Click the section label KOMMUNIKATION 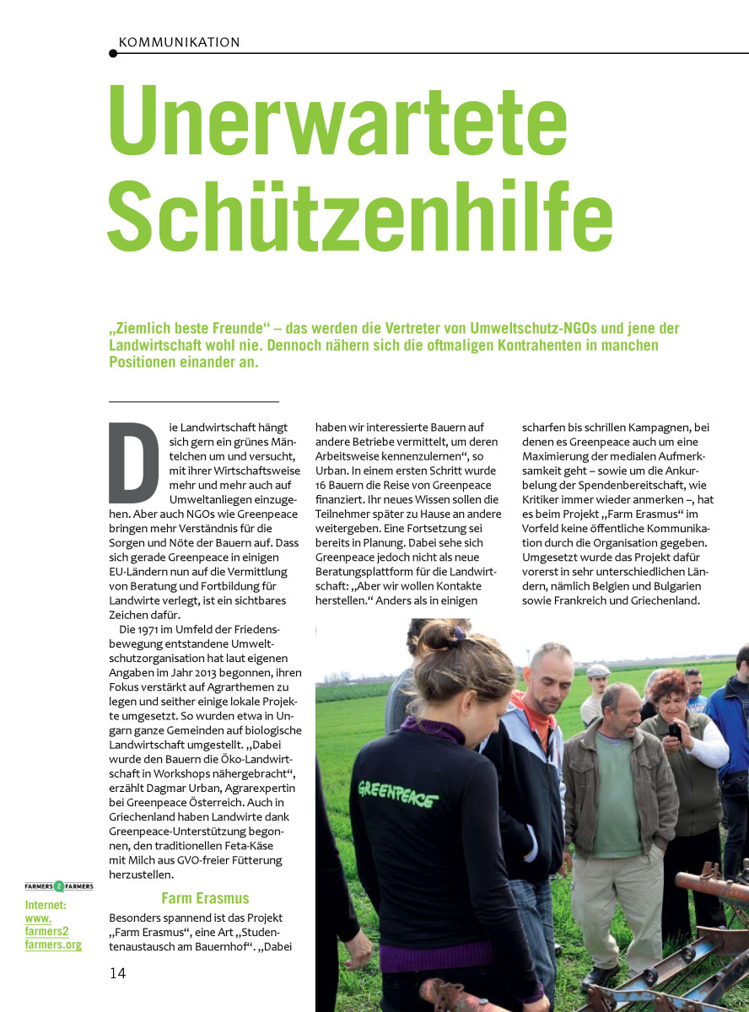click(x=179, y=42)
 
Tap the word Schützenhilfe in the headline click(x=360, y=210)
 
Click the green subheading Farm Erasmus click(x=205, y=898)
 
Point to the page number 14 click(x=117, y=972)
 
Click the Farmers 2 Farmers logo click(x=58, y=886)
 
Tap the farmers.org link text click(x=52, y=945)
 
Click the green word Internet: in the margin click(x=46, y=905)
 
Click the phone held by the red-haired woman click(x=675, y=732)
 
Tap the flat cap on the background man click(x=597, y=671)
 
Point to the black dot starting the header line click(x=113, y=53)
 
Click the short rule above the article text click(x=193, y=401)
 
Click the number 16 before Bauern click(x=324, y=485)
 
